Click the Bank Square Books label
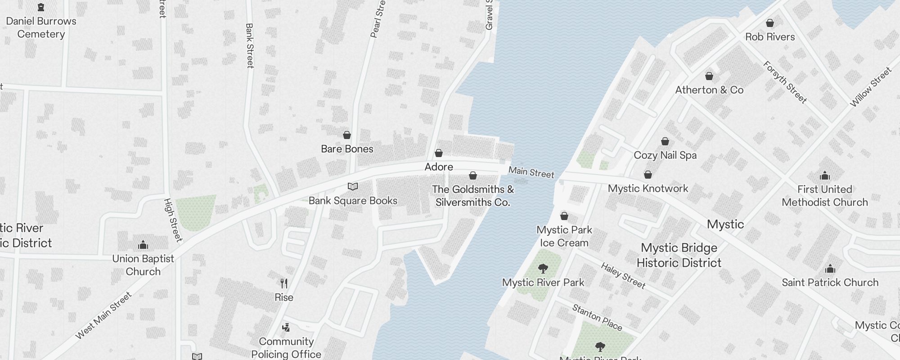(x=353, y=201)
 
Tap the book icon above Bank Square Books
(x=353, y=187)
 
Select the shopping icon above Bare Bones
(x=347, y=135)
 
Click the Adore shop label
(x=439, y=167)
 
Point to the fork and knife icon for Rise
(x=284, y=283)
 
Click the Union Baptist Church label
(x=143, y=265)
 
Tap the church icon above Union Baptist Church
(x=143, y=245)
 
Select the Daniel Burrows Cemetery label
(x=41, y=27)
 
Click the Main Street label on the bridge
(x=531, y=172)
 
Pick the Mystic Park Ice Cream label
(x=564, y=236)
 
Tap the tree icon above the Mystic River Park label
(x=543, y=269)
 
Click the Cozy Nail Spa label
(x=665, y=155)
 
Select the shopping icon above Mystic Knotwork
(x=648, y=175)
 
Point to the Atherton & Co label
(x=709, y=90)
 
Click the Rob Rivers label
(x=770, y=37)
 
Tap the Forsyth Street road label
(x=785, y=82)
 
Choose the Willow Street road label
(x=870, y=87)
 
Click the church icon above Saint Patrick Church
(x=830, y=269)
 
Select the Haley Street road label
(x=623, y=275)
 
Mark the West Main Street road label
(x=103, y=315)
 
